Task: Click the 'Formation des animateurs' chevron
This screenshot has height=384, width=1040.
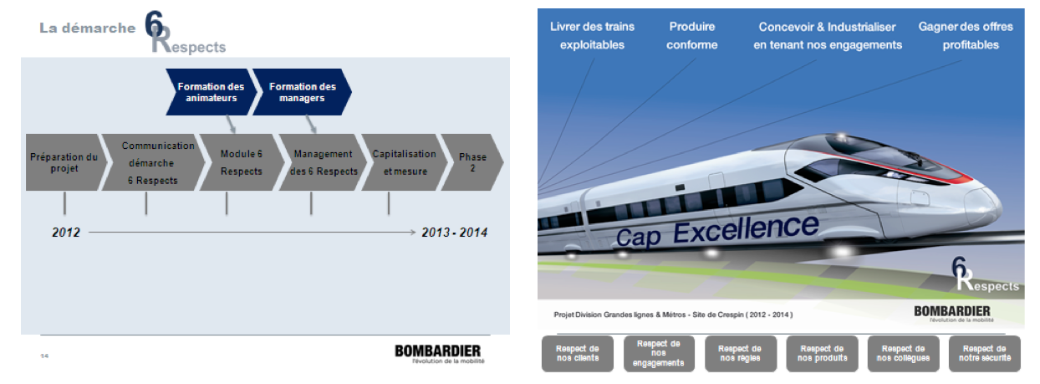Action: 212,92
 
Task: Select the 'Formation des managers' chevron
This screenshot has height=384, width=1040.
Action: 303,92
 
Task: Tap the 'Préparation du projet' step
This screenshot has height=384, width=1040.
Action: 65,162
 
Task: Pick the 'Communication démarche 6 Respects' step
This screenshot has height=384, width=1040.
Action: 153,162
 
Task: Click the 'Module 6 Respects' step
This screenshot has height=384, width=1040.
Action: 242,162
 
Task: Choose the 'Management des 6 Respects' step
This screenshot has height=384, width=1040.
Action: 324,162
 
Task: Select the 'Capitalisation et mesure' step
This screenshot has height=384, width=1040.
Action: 405,162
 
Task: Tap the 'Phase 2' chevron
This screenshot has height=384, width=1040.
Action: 472,162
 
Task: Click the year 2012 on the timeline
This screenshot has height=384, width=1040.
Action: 66,232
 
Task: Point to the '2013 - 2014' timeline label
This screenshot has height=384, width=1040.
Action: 455,232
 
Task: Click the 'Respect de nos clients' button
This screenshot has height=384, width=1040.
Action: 578,354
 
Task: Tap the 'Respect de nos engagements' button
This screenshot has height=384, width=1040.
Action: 659,354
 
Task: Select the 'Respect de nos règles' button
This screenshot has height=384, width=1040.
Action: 741,354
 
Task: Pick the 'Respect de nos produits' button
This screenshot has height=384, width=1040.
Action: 823,354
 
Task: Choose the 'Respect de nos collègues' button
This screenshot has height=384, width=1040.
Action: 904,354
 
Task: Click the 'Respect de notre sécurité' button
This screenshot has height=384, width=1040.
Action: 985,354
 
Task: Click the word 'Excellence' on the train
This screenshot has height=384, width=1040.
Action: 746,228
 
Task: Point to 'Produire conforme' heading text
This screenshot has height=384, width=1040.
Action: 691,36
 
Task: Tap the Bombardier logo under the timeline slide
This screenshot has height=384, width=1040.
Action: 438,354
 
